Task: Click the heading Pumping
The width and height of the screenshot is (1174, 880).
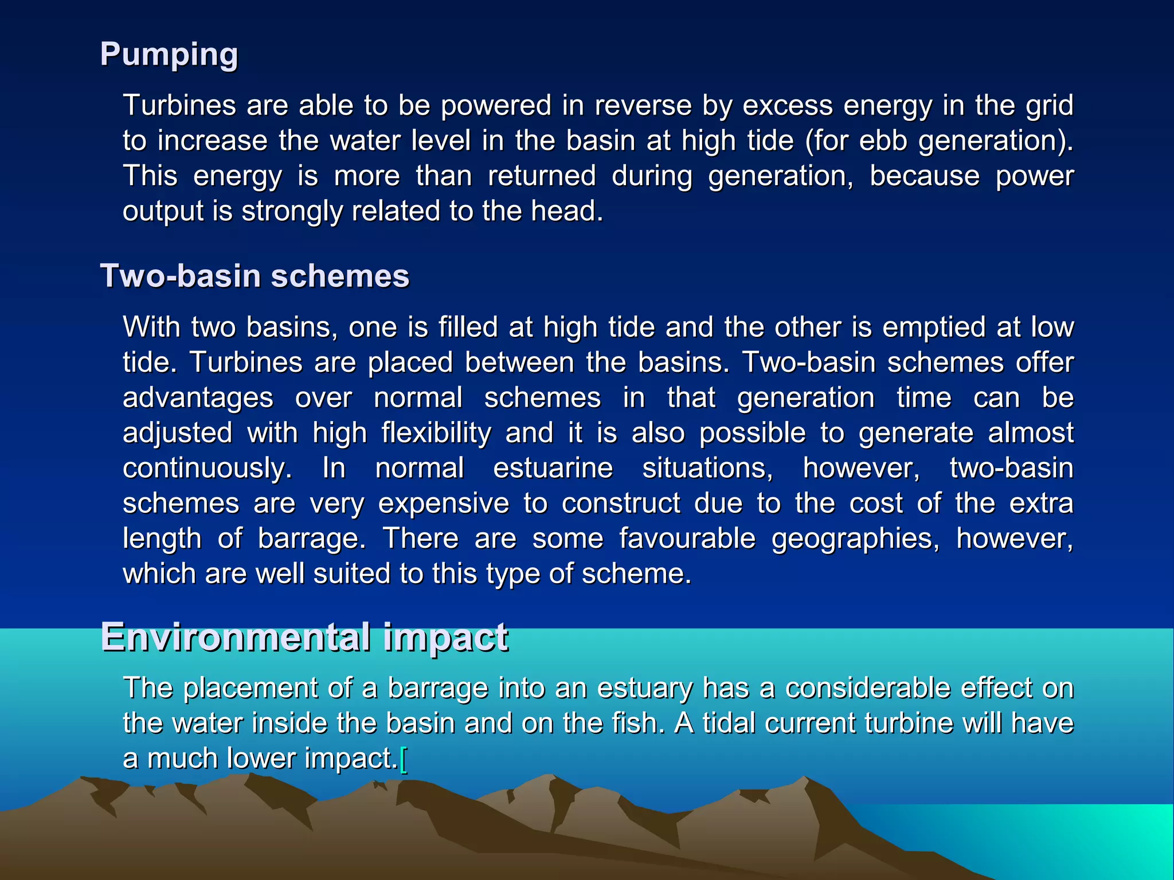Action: point(169,55)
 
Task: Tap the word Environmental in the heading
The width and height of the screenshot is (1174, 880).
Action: point(236,637)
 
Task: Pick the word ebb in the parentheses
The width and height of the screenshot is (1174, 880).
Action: point(883,141)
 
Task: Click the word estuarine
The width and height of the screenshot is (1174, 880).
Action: point(553,468)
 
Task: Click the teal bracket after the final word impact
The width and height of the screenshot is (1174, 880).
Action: point(404,759)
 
